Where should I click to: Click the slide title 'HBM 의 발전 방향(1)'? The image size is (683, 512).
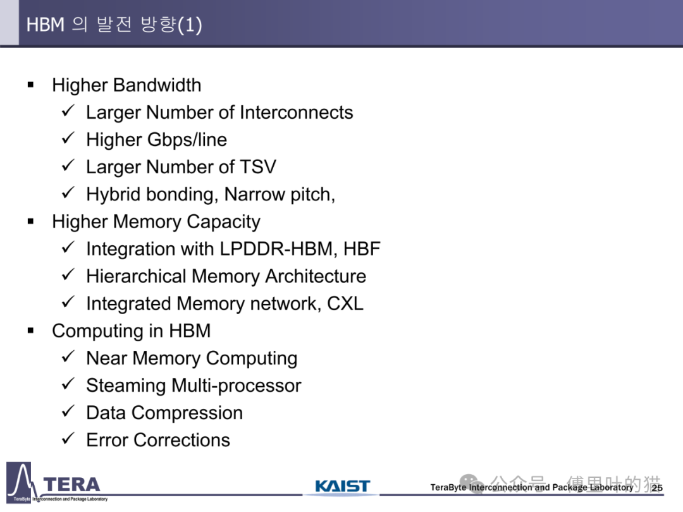[x=114, y=25]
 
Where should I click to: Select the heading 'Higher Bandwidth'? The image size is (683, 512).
[x=126, y=85]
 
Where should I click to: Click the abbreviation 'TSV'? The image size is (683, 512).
[x=257, y=167]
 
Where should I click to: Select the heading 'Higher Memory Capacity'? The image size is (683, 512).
[x=156, y=222]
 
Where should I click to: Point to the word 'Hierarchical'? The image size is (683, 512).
[x=136, y=276]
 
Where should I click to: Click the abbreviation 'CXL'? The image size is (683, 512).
[x=345, y=303]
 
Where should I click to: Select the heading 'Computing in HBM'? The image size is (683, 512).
[x=131, y=331]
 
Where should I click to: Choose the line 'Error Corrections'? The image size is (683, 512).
[x=158, y=440]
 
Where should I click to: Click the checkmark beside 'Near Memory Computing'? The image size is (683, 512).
[x=68, y=358]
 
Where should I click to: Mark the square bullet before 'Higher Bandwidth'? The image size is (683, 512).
[x=30, y=85]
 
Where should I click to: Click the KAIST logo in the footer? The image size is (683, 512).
[x=342, y=487]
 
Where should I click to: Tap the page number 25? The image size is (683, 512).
[x=657, y=488]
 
